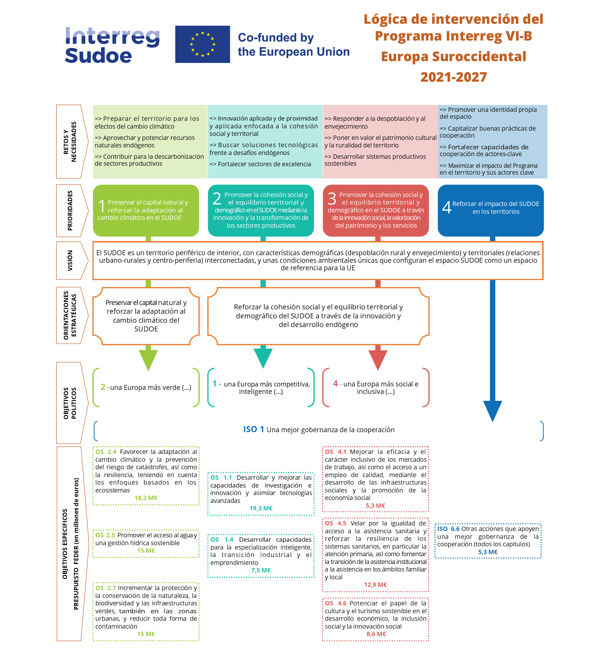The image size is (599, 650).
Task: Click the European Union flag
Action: coord(202,44)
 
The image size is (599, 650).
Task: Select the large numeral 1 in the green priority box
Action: coord(102,206)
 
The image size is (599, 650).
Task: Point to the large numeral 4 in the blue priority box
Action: coord(446,207)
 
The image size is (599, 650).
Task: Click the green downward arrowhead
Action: coord(148,359)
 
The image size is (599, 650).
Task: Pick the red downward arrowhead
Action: coord(378,359)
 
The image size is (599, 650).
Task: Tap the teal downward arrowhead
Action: coord(263,358)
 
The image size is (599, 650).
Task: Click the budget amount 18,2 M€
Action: coord(146,498)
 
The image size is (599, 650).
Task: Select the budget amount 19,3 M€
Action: coord(261,508)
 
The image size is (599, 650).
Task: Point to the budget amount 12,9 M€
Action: coord(375,585)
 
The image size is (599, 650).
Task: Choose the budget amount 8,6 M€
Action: coord(376,634)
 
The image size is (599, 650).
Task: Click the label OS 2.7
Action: coord(105,588)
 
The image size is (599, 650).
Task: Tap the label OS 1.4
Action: coord(222,540)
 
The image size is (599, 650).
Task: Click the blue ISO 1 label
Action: coord(254,429)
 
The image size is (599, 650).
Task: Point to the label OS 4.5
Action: coord(336,523)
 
